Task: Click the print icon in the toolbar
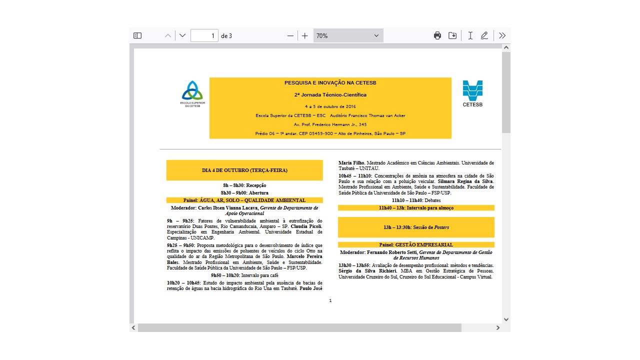(437, 35)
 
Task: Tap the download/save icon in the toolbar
(452, 35)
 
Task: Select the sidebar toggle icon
(137, 35)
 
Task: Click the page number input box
(204, 35)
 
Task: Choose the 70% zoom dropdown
(348, 35)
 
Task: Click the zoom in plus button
(305, 35)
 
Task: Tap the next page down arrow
(182, 35)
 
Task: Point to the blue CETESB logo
(472, 93)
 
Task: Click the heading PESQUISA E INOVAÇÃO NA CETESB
(330, 82)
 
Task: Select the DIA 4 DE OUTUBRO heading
(244, 170)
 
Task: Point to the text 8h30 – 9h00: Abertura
(244, 192)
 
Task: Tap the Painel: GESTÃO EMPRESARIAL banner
(416, 245)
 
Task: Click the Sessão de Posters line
(416, 227)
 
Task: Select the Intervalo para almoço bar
(416, 207)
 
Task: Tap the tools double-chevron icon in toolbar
(502, 35)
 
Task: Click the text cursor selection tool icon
(470, 35)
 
